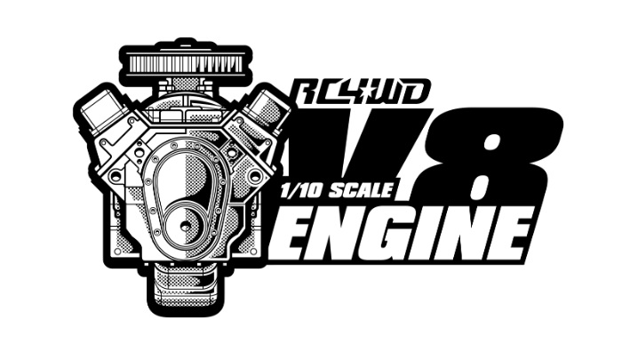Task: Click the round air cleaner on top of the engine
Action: pos(186,62)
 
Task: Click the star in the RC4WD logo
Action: pos(370,92)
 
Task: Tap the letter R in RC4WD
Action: pos(307,92)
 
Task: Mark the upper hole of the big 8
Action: pos(492,144)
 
